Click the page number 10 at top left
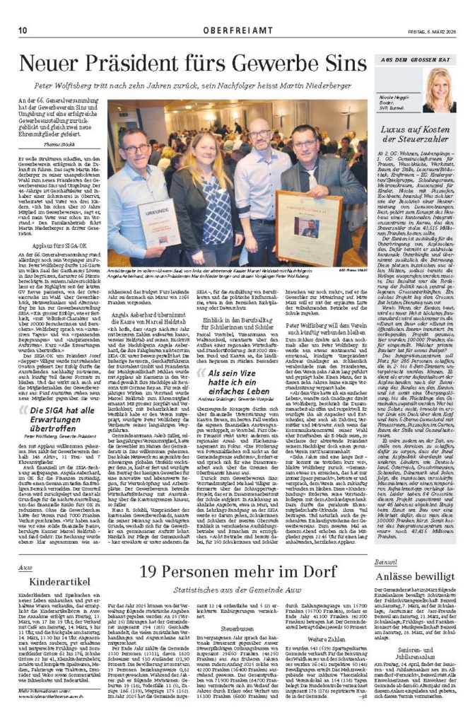click(x=23, y=10)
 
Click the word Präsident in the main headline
click(x=161, y=64)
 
